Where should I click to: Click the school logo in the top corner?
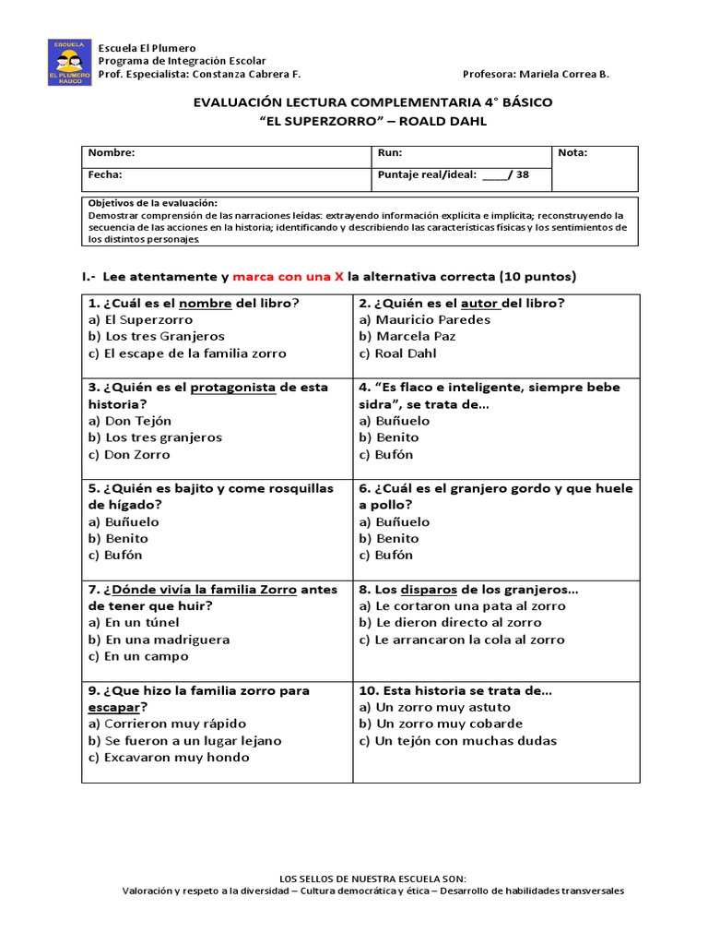pyautogui.click(x=69, y=62)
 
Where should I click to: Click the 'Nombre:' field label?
pyautogui.click(x=112, y=153)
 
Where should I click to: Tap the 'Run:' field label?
pyautogui.click(x=390, y=153)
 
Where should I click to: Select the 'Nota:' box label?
pyautogui.click(x=572, y=153)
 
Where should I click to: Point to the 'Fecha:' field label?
pyautogui.click(x=105, y=174)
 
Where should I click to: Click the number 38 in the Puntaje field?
pyautogui.click(x=523, y=174)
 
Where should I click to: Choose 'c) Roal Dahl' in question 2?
pyautogui.click(x=398, y=353)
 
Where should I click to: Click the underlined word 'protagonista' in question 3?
pyautogui.click(x=233, y=388)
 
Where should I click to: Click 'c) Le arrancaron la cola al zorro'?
pyautogui.click(x=462, y=640)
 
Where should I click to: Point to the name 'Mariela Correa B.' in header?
pyautogui.click(x=564, y=75)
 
